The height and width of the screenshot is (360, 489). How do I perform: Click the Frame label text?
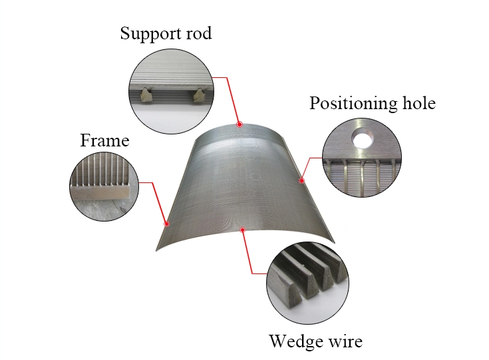pyautogui.click(x=104, y=140)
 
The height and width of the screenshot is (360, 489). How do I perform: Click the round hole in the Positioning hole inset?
pyautogui.click(x=363, y=138)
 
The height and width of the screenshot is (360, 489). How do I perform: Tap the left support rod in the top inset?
pyautogui.click(x=146, y=97)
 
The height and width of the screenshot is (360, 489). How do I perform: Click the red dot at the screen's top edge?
pyautogui.click(x=240, y=124)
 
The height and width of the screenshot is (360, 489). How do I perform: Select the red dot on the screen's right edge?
pyautogui.click(x=301, y=180)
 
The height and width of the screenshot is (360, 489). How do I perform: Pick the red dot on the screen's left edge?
pyautogui.click(x=167, y=224)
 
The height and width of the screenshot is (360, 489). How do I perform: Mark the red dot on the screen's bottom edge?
pyautogui.click(x=244, y=230)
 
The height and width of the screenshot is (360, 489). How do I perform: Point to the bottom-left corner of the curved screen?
pyautogui.click(x=158, y=250)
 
